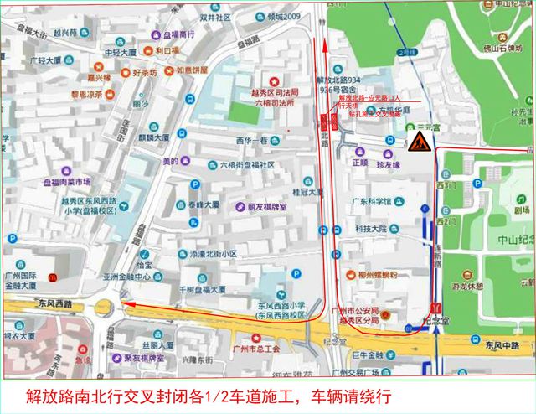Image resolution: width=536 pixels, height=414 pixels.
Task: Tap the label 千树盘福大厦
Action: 197,289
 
